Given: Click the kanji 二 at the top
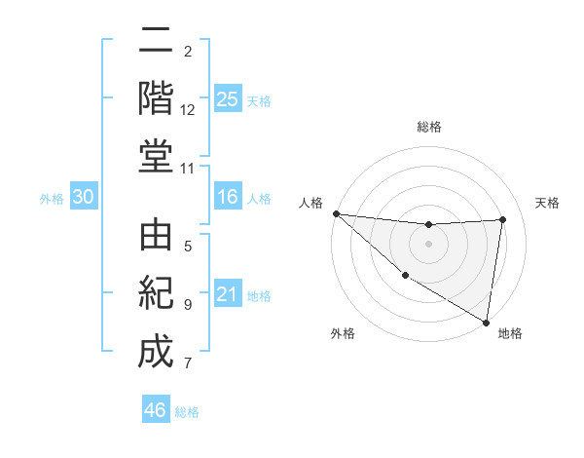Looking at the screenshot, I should [155, 42].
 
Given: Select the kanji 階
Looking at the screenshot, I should [155, 97].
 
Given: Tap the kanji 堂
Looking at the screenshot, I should [155, 155].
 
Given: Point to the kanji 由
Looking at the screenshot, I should [155, 238].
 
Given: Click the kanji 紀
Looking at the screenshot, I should [155, 293].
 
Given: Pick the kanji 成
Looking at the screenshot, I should [155, 351].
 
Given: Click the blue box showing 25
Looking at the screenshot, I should [228, 98].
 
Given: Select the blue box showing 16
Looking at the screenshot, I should [228, 197].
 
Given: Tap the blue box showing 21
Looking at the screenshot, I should [228, 294].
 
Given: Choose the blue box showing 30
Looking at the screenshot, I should [83, 197].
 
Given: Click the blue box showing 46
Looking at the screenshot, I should [156, 409].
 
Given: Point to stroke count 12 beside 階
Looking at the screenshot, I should [188, 109].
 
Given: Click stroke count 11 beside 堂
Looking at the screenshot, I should [188, 168].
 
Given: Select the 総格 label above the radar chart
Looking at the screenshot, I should [429, 127].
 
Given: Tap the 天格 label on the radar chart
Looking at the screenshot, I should [548, 203].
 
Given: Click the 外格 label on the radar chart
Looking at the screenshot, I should [342, 333].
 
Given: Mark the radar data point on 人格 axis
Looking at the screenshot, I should [336, 213].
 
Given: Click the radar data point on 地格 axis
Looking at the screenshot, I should [486, 321].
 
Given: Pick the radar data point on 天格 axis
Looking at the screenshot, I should [503, 219].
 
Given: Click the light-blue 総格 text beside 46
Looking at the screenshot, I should [187, 412].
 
